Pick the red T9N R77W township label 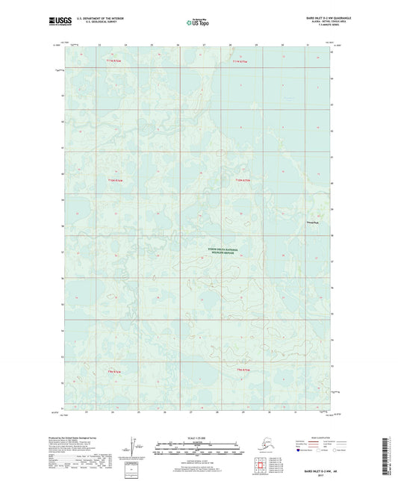tap(114, 371)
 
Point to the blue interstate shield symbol tap(299, 451)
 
